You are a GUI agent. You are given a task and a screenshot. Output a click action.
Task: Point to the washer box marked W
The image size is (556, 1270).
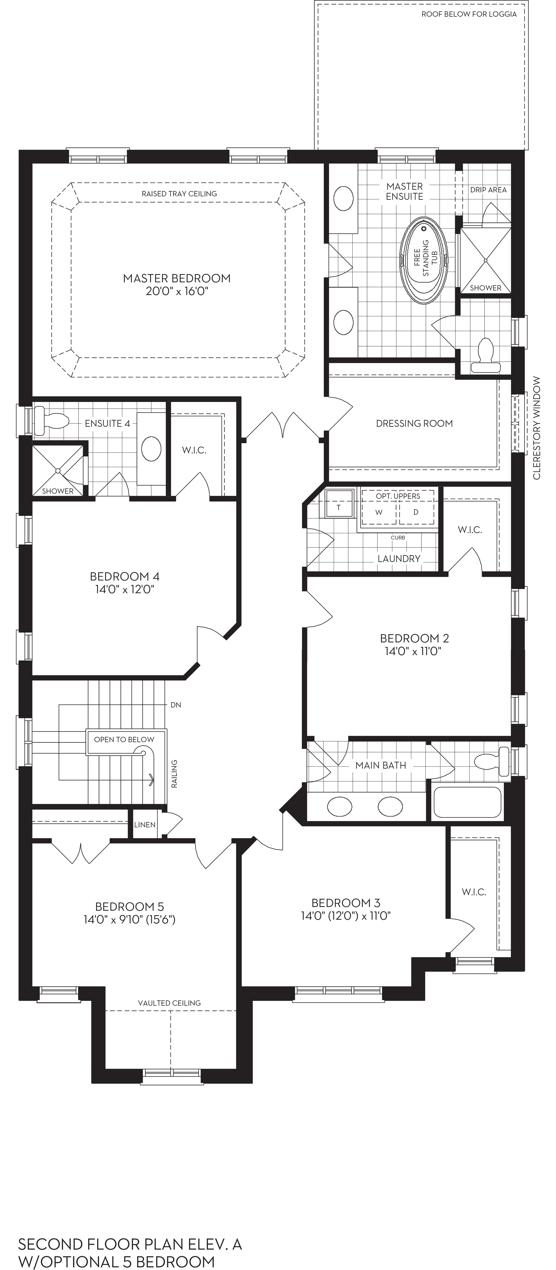(x=379, y=512)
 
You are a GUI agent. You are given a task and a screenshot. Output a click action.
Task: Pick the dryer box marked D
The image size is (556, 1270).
(x=416, y=512)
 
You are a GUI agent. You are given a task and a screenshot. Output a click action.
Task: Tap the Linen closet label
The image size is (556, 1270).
(x=145, y=825)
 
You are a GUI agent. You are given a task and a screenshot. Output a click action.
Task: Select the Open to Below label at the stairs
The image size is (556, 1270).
(x=124, y=740)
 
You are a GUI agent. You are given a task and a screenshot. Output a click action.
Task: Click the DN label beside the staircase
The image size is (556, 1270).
(x=176, y=705)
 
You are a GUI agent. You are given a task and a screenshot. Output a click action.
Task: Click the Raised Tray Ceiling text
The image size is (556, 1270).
(x=179, y=194)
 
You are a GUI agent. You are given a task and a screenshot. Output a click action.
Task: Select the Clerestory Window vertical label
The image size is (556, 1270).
(x=537, y=428)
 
